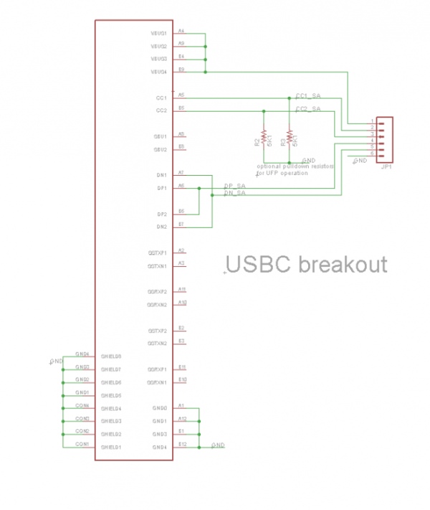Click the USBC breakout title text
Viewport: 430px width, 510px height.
click(x=306, y=265)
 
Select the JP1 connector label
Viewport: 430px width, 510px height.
click(x=386, y=167)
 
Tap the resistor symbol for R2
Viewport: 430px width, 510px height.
click(x=264, y=136)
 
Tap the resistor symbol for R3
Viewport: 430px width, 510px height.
click(x=290, y=136)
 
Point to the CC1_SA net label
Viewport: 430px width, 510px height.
click(x=308, y=95)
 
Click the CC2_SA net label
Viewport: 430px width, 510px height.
click(x=308, y=108)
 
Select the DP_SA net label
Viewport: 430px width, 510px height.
click(x=234, y=186)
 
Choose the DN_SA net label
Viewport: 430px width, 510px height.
click(x=234, y=193)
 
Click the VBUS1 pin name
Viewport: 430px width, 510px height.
click(x=158, y=34)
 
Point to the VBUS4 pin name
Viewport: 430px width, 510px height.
click(x=158, y=72)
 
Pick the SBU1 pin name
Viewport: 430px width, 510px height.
click(x=160, y=136)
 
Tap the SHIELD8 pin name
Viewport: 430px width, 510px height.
click(x=111, y=356)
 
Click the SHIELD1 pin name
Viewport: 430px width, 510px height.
click(x=111, y=447)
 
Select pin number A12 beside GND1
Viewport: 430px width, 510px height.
click(x=182, y=418)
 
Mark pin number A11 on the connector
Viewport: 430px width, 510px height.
click(x=182, y=289)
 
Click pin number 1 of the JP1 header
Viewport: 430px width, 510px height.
click(x=372, y=120)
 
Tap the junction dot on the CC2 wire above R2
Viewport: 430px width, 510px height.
click(x=264, y=110)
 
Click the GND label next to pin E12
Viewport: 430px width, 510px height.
click(x=219, y=445)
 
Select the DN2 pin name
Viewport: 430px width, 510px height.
click(x=161, y=227)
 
